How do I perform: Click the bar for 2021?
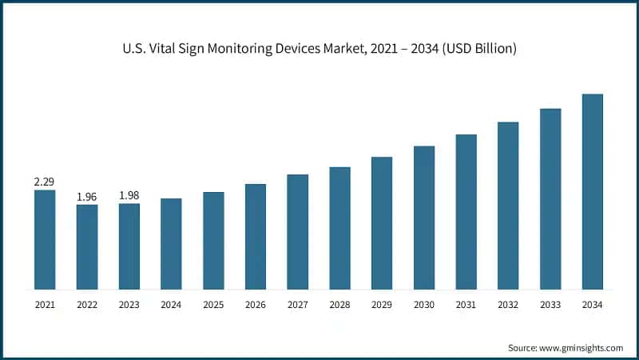45,239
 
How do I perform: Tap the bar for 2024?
171,243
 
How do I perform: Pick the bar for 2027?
298,231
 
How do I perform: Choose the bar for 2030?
424,217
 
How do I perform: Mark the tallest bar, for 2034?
592,191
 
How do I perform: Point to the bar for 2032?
508,205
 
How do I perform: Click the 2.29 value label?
45,182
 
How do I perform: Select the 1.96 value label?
87,197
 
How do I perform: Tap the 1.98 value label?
129,195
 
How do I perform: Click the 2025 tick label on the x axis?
213,305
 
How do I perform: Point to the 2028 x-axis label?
339,305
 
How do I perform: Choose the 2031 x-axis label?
466,305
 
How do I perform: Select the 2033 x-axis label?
550,305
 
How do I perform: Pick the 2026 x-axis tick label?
256,305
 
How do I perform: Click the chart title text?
319,50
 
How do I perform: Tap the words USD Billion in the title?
481,50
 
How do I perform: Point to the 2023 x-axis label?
129,305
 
